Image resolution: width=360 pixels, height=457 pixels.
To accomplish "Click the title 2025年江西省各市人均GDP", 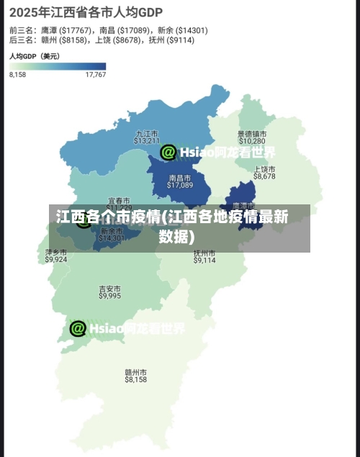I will pyautogui.click(x=86, y=12).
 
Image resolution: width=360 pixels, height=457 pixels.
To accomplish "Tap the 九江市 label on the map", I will pyautogui.click(x=146, y=133).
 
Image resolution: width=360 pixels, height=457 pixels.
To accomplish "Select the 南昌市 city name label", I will pyautogui.click(x=180, y=177).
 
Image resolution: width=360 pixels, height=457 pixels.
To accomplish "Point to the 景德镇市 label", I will pyautogui.click(x=252, y=134).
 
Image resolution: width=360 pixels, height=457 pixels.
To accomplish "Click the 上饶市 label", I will pyautogui.click(x=264, y=168).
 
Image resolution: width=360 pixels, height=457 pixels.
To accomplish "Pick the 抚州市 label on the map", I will pyautogui.click(x=204, y=253).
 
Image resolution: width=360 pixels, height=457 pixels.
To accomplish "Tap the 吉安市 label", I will pyautogui.click(x=110, y=289).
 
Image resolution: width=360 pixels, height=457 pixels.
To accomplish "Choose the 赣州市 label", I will pyautogui.click(x=135, y=372).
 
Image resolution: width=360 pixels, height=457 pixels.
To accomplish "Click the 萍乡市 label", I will pyautogui.click(x=55, y=253).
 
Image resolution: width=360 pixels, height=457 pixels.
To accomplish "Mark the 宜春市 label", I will pyautogui.click(x=119, y=200).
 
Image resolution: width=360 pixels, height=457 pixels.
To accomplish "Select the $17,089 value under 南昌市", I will pyautogui.click(x=180, y=185).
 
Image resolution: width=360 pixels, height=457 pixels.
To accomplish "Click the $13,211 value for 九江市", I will pyautogui.click(x=146, y=141).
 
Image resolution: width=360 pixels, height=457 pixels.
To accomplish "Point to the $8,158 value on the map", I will pyautogui.click(x=135, y=379).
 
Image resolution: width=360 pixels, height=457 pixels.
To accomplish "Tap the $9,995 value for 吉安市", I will pyautogui.click(x=110, y=296).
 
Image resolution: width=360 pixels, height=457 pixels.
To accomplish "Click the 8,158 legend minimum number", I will pyautogui.click(x=17, y=74).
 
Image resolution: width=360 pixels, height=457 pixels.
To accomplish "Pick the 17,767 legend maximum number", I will pyautogui.click(x=95, y=74).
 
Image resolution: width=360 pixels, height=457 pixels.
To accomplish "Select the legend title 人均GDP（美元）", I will pyautogui.click(x=34, y=55).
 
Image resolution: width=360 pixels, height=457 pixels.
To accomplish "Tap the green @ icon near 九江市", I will pyautogui.click(x=168, y=152).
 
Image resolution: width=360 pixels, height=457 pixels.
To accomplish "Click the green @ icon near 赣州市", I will pyautogui.click(x=78, y=328).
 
